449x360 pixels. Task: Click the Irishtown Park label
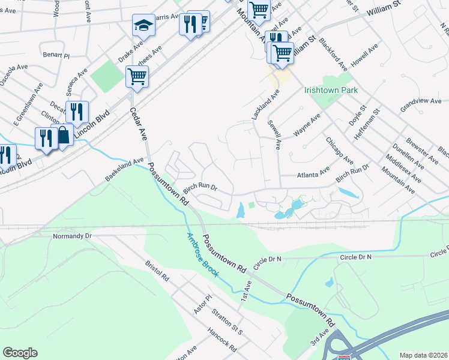coord(331,90)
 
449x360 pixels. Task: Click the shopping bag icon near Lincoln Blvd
coord(63,136)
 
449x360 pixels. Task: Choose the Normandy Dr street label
coord(72,236)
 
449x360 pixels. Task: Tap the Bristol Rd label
coord(157,273)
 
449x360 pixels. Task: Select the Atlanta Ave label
coord(314,175)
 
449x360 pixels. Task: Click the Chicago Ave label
coord(339,149)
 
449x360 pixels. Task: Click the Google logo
coord(20,353)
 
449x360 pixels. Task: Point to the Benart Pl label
coord(56,55)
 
